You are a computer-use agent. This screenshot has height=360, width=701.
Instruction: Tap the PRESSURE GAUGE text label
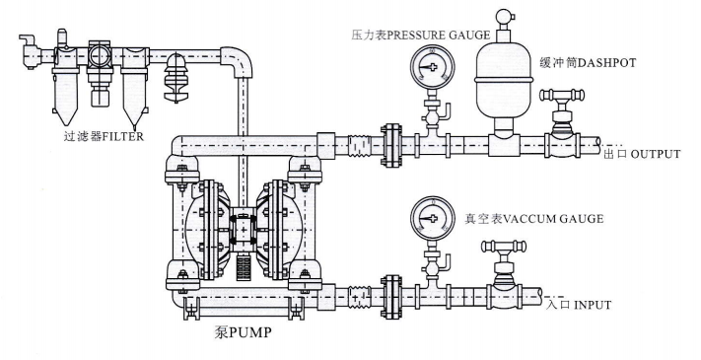[438, 35]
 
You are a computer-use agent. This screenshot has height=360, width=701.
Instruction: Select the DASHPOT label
[606, 63]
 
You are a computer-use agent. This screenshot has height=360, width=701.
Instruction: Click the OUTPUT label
[655, 154]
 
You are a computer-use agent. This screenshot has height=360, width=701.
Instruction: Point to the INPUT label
[593, 305]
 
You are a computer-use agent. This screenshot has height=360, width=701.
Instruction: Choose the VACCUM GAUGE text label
[553, 219]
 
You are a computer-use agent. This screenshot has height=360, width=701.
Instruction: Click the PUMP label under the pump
[249, 332]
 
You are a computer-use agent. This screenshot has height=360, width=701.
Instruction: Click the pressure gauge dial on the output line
[432, 67]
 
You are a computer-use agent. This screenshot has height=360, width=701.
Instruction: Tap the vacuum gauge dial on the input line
[432, 218]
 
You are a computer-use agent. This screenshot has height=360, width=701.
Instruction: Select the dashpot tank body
[504, 84]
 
